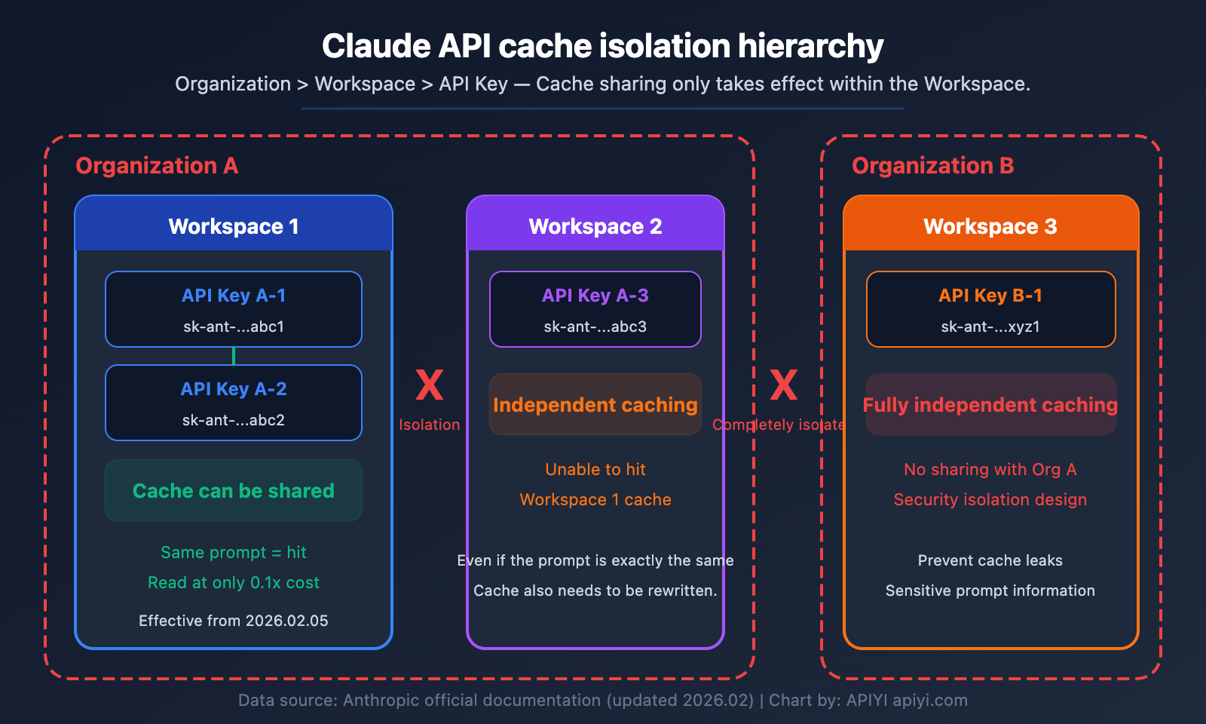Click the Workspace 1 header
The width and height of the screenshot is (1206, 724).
click(x=234, y=225)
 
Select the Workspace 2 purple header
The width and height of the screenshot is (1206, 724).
click(x=595, y=225)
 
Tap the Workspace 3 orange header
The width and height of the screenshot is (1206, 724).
click(x=990, y=225)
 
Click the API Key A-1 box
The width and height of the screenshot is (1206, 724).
click(x=234, y=309)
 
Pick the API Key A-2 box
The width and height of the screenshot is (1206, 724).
click(x=234, y=403)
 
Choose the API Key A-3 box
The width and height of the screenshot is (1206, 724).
click(x=595, y=309)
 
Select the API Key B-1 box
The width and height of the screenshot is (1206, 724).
click(x=990, y=309)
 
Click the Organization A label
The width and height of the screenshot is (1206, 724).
click(x=157, y=166)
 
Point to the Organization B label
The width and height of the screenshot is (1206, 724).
click(x=932, y=166)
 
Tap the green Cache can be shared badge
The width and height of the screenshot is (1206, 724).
click(x=234, y=491)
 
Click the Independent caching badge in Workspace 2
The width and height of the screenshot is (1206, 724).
click(x=595, y=405)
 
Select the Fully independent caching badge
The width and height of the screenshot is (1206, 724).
click(x=990, y=405)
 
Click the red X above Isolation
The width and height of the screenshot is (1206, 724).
click(x=430, y=385)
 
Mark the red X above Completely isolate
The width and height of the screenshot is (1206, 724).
click(x=784, y=385)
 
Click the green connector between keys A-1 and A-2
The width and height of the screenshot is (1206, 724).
click(x=234, y=356)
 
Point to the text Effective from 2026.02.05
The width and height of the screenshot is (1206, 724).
click(x=234, y=621)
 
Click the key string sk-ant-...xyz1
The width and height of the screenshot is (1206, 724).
click(x=990, y=327)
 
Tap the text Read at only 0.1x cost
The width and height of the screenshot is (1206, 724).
click(x=234, y=583)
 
